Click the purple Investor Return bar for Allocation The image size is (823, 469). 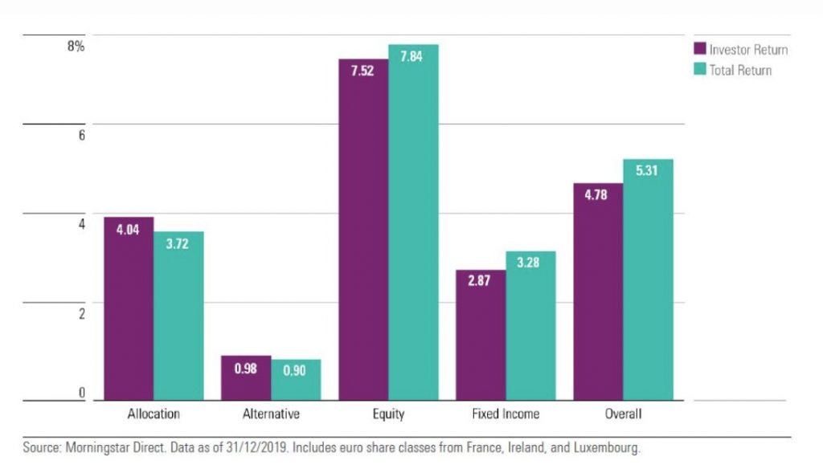129,308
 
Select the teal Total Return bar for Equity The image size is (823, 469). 413,222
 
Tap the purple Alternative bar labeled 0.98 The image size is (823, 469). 246,377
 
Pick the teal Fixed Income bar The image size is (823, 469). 530,326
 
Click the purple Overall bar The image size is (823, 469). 598,292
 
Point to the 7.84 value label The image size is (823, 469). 411,56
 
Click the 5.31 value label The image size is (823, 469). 646,170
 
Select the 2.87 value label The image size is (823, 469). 479,280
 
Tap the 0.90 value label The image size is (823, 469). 294,371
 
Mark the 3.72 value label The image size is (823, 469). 177,243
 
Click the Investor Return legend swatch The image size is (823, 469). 700,48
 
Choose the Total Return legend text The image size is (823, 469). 740,71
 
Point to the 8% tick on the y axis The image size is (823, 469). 76,46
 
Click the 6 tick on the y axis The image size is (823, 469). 82,136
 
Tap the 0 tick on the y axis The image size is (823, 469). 82,393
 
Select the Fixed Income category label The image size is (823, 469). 506,414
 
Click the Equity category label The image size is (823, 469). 388,414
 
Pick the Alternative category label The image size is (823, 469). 271,414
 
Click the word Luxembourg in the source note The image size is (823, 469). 606,448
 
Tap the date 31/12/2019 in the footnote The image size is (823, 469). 257,447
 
